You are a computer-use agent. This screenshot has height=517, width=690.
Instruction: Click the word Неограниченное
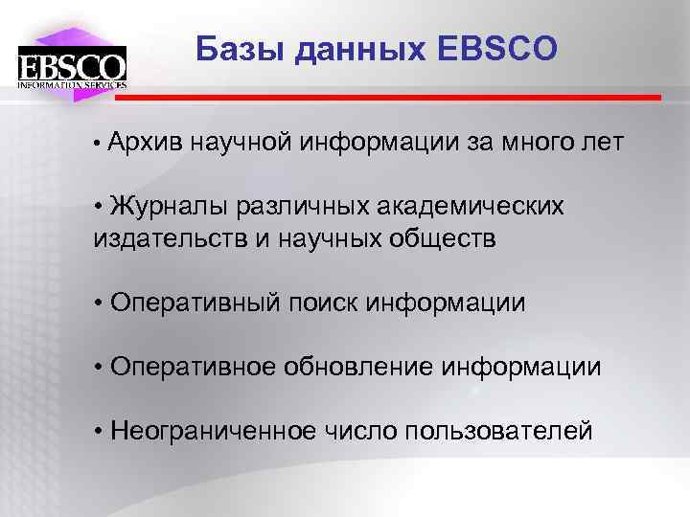click(x=212, y=431)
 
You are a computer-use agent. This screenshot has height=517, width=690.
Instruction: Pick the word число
click(x=360, y=431)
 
